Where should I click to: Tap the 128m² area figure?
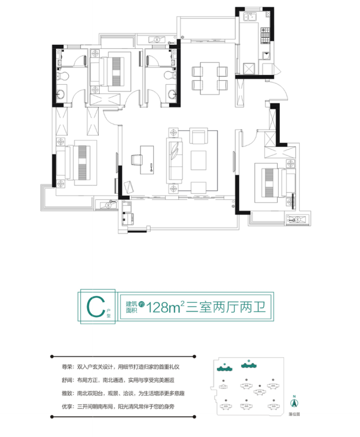166,307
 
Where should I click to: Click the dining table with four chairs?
209,78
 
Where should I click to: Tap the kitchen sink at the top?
252,19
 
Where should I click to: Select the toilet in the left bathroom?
63,76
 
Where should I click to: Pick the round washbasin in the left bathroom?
62,94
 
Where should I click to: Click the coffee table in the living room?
198,160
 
